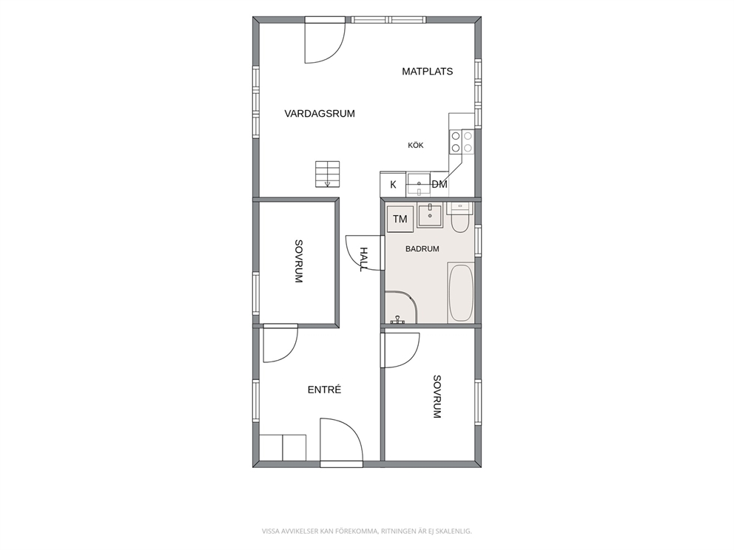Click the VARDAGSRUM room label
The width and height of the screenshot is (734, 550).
tap(320, 114)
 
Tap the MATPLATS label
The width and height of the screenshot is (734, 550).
tap(428, 72)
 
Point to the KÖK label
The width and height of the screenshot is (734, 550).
tap(416, 146)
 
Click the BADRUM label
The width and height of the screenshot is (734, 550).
tap(422, 249)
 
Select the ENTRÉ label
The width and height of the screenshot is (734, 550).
tap(324, 390)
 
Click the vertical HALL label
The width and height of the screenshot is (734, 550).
tap(364, 259)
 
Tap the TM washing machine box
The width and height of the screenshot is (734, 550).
tap(400, 219)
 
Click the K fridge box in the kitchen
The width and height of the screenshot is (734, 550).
tap(393, 184)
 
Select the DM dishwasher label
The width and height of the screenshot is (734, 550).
tap(439, 184)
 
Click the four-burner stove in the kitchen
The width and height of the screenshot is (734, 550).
tap(462, 142)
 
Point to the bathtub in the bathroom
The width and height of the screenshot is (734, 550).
tap(462, 293)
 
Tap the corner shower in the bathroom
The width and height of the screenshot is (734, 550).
tap(401, 308)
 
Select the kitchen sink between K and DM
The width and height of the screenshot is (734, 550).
tap(419, 184)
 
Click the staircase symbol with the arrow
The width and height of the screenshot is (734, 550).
tap(327, 174)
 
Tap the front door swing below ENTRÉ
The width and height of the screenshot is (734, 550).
tap(341, 441)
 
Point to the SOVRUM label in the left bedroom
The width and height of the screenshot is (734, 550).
tap(299, 262)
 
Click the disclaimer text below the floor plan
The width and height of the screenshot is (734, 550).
tap(366, 532)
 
